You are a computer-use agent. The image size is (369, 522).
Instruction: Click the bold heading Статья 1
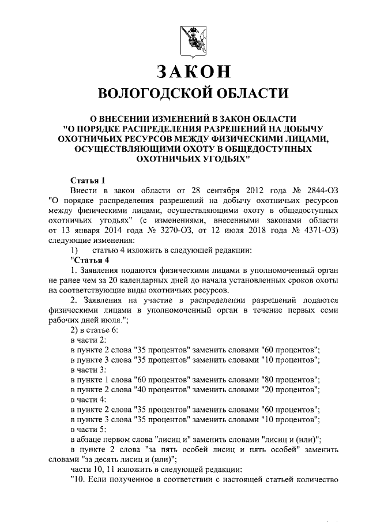87,180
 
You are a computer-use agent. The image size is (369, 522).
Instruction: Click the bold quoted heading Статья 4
89,260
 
